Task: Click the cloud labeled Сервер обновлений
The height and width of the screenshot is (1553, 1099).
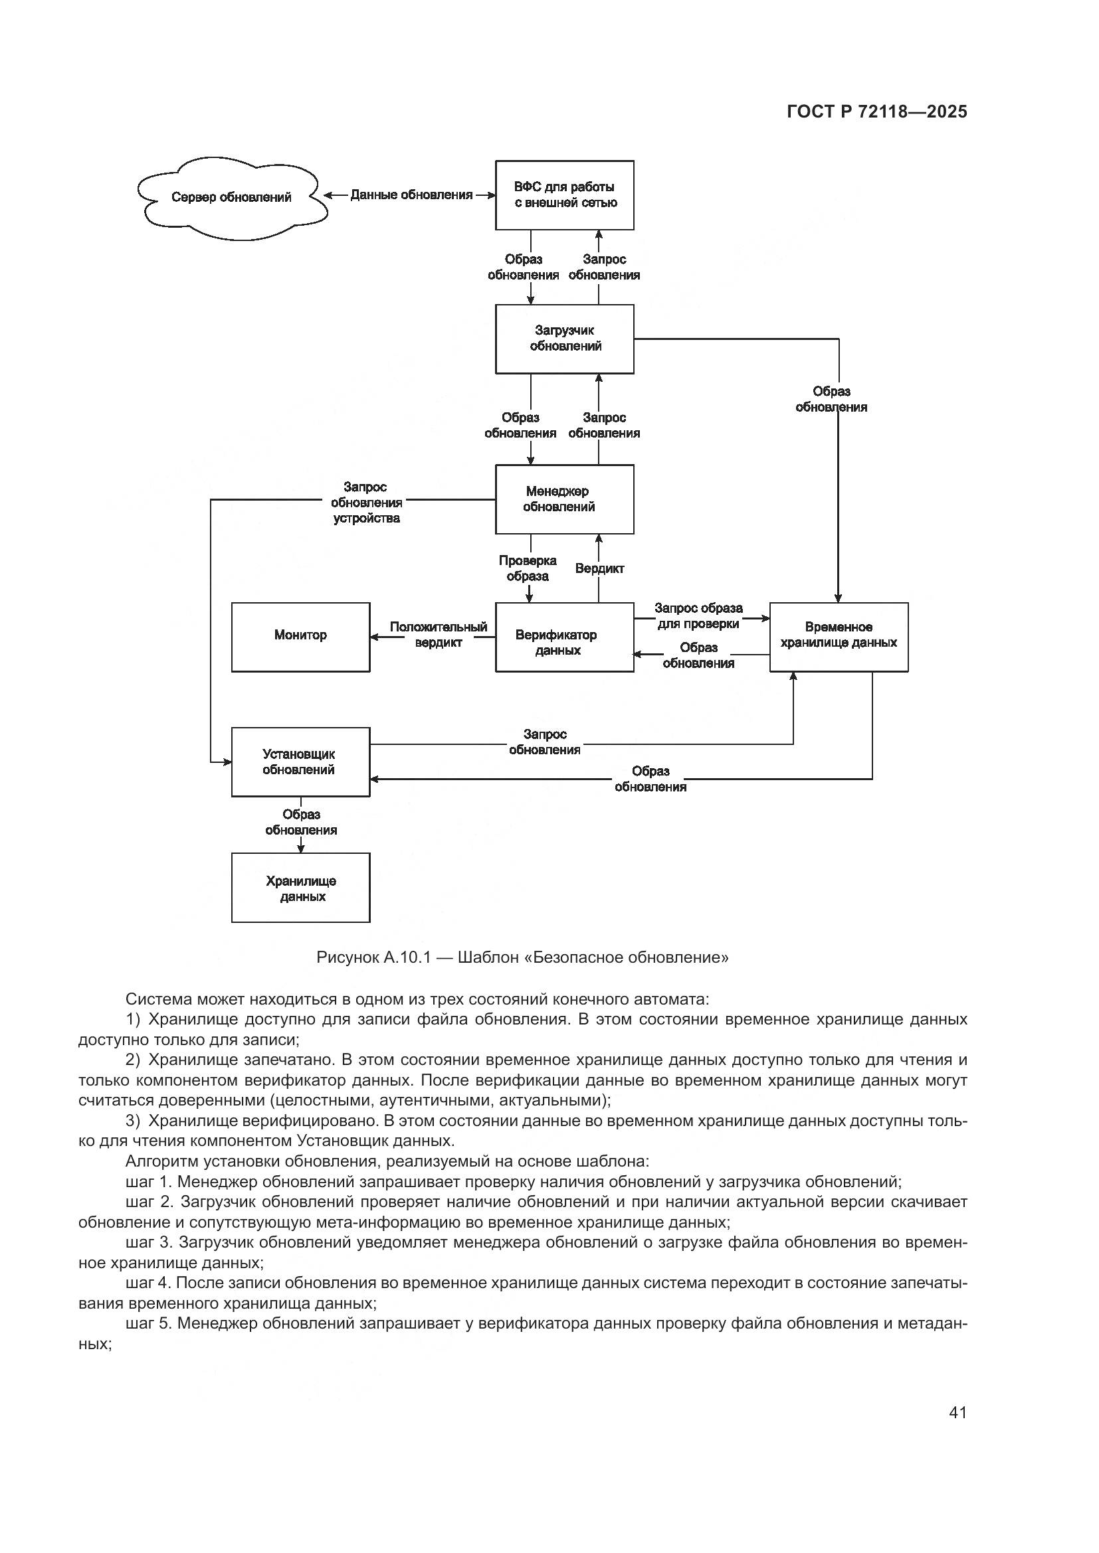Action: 231,197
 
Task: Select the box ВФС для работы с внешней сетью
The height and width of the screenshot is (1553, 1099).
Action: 564,195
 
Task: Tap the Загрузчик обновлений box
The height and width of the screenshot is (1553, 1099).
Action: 564,338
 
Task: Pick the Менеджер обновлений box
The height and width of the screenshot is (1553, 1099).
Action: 564,499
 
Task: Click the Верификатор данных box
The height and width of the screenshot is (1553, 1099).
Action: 564,637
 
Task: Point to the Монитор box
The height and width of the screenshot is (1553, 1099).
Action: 300,637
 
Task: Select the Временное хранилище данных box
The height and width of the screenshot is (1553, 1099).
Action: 839,637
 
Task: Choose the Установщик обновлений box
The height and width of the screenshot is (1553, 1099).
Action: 300,762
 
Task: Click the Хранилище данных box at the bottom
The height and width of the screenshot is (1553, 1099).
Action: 300,888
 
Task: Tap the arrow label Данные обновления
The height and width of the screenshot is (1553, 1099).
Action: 411,195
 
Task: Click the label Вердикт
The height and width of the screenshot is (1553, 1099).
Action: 599,569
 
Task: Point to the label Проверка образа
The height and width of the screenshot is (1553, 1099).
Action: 528,568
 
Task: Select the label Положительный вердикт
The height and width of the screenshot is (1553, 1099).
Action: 438,635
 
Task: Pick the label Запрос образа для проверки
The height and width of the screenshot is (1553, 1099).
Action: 698,615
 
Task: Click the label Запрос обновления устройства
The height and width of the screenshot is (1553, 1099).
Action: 365,503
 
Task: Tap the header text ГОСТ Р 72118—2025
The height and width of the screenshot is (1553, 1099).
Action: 877,112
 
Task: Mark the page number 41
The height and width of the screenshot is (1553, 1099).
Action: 957,1412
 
